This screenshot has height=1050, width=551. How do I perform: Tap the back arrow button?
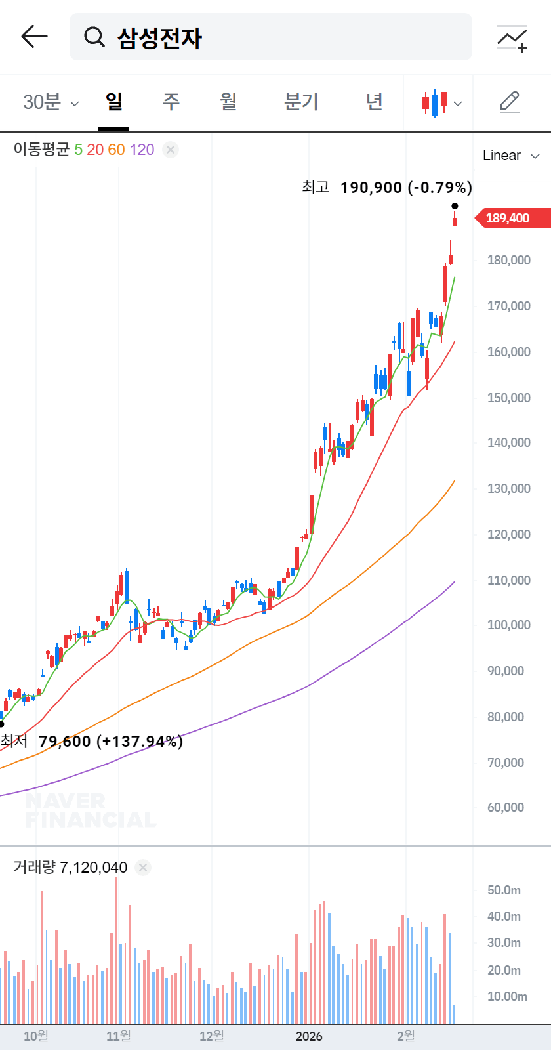(x=34, y=37)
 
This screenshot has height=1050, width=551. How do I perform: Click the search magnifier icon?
(x=94, y=37)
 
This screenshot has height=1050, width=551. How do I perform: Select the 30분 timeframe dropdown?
(x=51, y=102)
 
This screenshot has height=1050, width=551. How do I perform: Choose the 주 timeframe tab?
(x=171, y=102)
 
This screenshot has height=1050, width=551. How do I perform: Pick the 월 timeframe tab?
(x=228, y=102)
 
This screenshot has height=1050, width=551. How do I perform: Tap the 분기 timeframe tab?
(x=301, y=102)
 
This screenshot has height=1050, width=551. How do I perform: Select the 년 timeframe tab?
(x=374, y=102)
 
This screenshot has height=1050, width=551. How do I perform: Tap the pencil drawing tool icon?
(x=510, y=102)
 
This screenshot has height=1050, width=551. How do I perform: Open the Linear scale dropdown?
(x=510, y=156)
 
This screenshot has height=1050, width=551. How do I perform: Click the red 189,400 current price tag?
(x=509, y=218)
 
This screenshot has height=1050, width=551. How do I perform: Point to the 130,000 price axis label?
(x=508, y=488)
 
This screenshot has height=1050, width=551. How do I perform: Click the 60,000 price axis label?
(x=506, y=807)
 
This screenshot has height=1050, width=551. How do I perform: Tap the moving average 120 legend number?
(x=142, y=150)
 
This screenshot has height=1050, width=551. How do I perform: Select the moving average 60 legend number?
(x=116, y=150)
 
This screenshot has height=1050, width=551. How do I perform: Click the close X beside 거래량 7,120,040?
(x=143, y=868)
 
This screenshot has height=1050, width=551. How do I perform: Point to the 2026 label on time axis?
(x=309, y=1036)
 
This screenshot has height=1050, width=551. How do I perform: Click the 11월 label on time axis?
(x=119, y=1036)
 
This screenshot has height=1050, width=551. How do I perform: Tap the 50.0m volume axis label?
(x=504, y=890)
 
